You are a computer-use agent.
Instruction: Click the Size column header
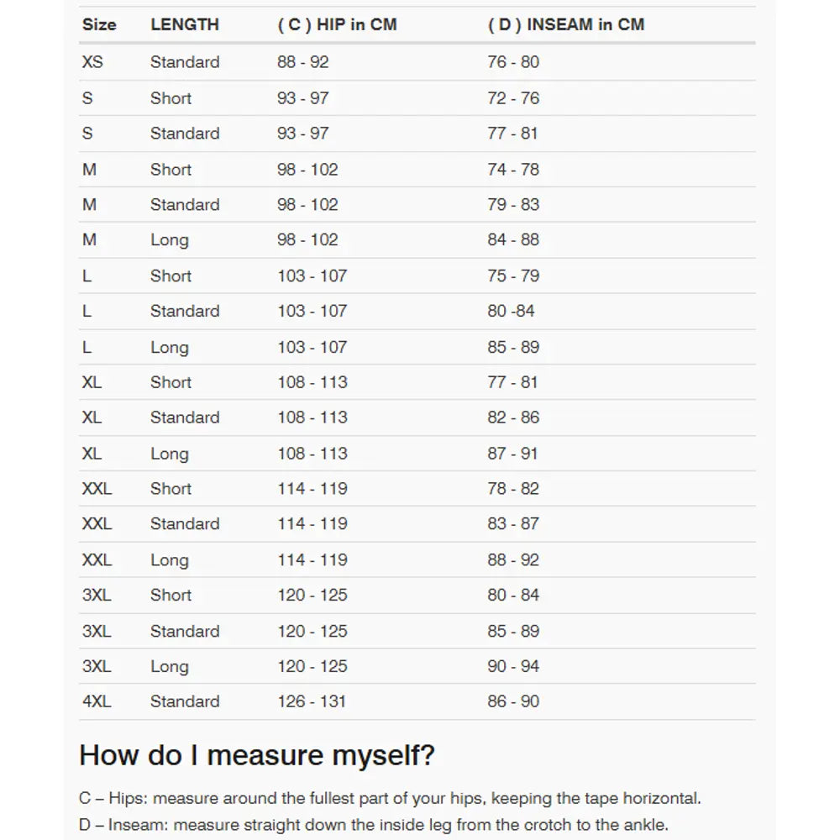(x=99, y=24)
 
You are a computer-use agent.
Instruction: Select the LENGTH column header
(x=185, y=24)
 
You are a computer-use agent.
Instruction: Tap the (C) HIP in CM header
(x=337, y=24)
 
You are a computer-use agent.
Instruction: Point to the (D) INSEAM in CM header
(x=566, y=24)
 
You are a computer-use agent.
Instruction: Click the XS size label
(x=92, y=62)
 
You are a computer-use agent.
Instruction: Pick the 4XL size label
(x=97, y=701)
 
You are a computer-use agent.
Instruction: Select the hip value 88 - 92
(x=303, y=62)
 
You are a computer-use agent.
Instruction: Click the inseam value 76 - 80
(x=513, y=62)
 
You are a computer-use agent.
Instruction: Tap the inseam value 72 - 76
(x=513, y=98)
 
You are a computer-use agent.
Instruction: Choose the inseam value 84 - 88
(x=513, y=240)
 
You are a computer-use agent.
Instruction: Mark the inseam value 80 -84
(x=511, y=311)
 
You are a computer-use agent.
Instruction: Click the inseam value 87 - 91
(x=513, y=454)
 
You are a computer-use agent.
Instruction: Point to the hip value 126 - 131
(x=312, y=701)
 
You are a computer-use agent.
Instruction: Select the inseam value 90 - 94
(x=513, y=666)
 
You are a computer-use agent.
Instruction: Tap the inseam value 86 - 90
(x=513, y=701)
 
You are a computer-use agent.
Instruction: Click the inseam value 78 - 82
(x=513, y=489)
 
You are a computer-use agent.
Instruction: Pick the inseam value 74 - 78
(x=513, y=170)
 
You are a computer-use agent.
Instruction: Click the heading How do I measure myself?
(x=257, y=755)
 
